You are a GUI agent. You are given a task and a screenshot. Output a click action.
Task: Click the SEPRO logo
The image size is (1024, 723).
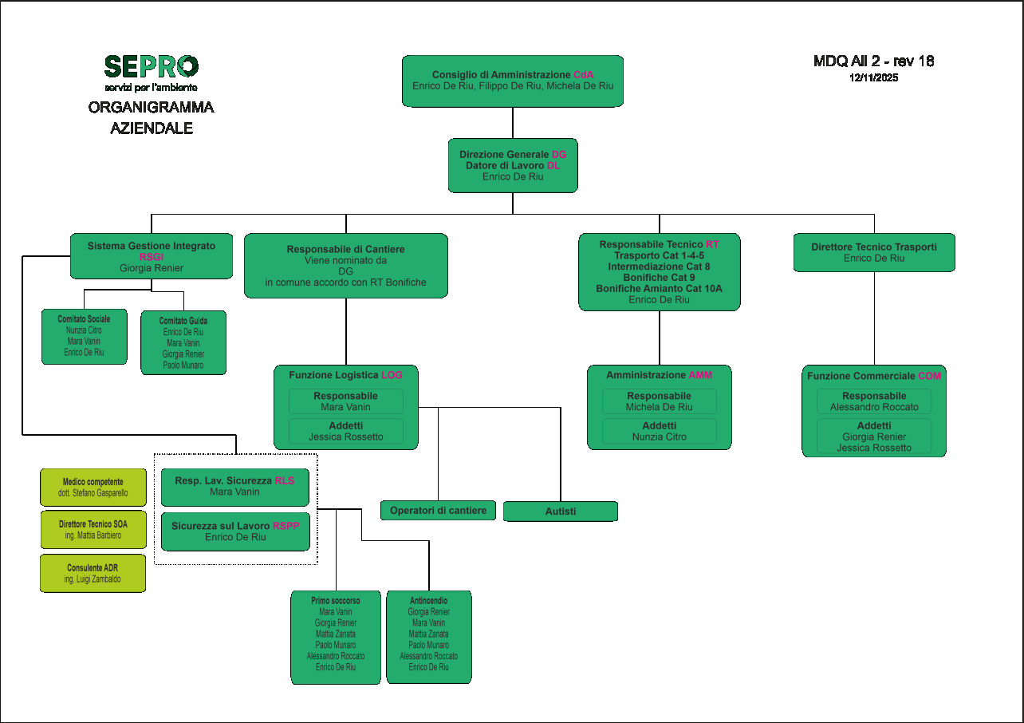[152, 67]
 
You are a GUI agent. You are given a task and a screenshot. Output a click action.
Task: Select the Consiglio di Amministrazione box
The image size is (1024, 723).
[513, 81]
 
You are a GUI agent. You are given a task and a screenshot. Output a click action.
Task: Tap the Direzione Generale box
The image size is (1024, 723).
[513, 165]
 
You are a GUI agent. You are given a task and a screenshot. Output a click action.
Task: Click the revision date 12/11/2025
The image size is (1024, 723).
[873, 78]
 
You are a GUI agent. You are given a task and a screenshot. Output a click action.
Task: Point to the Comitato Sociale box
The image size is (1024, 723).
[84, 336]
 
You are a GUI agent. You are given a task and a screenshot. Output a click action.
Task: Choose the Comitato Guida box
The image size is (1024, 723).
[183, 342]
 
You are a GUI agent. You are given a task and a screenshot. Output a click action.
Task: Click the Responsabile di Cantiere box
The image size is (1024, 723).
[345, 266]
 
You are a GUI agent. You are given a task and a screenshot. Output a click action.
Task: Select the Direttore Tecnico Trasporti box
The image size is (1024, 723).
[874, 252]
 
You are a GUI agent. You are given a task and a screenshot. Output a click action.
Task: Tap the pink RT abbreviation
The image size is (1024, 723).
[712, 244]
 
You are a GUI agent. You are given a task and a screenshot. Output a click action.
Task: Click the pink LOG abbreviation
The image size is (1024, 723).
[392, 374]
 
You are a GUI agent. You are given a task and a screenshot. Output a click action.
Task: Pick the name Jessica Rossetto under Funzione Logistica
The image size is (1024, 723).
[346, 437]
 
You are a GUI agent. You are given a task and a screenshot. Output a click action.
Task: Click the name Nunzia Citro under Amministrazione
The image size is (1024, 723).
[660, 437]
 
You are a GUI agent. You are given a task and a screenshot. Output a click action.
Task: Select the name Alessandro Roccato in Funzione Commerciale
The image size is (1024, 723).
[874, 407]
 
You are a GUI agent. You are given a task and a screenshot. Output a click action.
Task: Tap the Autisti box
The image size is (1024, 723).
[560, 512]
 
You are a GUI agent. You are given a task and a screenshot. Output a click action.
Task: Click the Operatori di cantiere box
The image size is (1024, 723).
[438, 511]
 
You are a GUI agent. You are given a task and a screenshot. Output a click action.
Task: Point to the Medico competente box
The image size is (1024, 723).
[93, 488]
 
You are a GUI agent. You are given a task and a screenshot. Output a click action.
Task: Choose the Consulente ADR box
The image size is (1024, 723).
[93, 573]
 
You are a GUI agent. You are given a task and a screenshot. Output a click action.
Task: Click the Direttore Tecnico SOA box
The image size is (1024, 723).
[93, 530]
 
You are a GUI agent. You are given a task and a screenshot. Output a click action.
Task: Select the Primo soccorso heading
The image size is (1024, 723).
[336, 601]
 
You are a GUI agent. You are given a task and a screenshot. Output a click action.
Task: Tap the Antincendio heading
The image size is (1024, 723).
[428, 601]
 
